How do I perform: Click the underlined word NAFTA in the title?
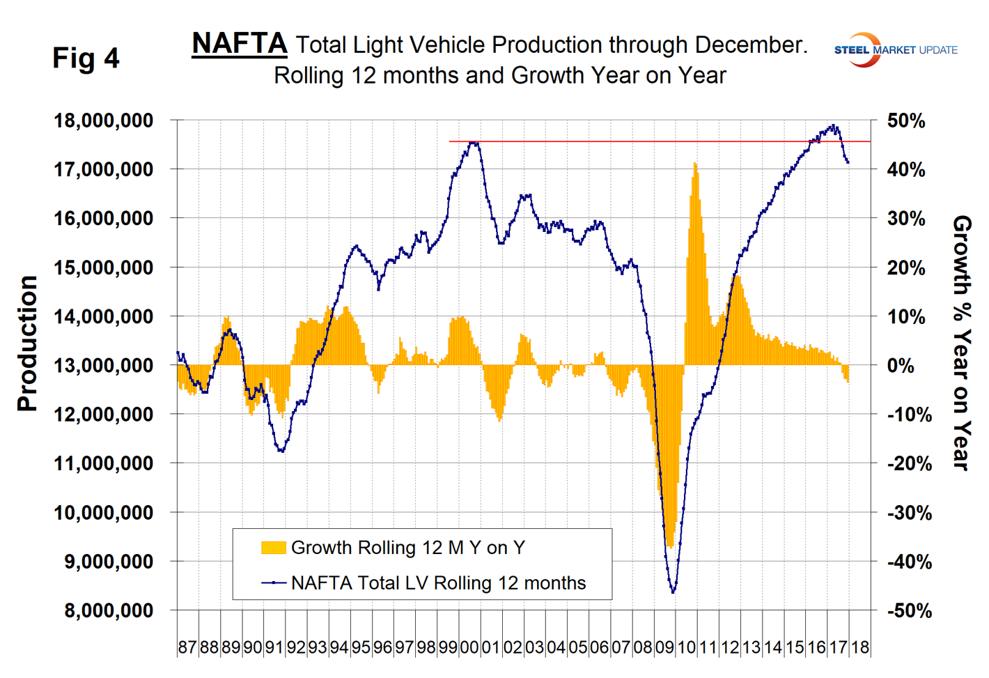[x=239, y=43]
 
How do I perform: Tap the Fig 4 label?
[x=86, y=58]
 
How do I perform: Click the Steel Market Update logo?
[x=896, y=49]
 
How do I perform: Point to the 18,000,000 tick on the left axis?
[x=103, y=121]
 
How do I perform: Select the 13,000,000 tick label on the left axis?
[x=103, y=365]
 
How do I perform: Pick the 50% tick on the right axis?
[x=906, y=121]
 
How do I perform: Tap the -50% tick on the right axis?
[x=909, y=611]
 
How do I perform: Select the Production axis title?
[x=27, y=344]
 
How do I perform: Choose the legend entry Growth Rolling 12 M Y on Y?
[x=407, y=548]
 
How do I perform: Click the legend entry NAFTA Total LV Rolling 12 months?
[x=438, y=583]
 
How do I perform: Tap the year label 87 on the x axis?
[x=187, y=647]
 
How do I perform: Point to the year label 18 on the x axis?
[x=860, y=647]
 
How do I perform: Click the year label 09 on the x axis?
[x=664, y=647]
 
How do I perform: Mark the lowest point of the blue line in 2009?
[x=673, y=592]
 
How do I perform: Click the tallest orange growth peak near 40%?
[x=694, y=164]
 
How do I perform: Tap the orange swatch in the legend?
[x=273, y=548]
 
